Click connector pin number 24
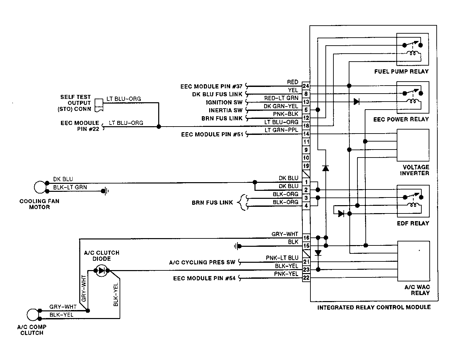point(306,86)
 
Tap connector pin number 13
point(306,102)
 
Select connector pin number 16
point(306,238)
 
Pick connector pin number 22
point(306,278)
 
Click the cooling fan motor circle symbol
point(40,187)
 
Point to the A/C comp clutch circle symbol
point(33,315)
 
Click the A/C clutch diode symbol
point(102,270)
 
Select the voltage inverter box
point(413,145)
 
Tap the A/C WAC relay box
point(414,261)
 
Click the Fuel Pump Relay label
point(401,72)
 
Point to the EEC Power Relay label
point(401,119)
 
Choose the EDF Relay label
point(413,223)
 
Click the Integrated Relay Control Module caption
point(374,307)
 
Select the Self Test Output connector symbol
point(99,105)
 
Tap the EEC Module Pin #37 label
point(211,86)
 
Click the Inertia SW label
point(225,110)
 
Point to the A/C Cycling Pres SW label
point(202,262)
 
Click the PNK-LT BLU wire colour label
point(282,258)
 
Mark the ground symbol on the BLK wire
point(237,246)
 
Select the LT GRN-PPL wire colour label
point(281,130)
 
